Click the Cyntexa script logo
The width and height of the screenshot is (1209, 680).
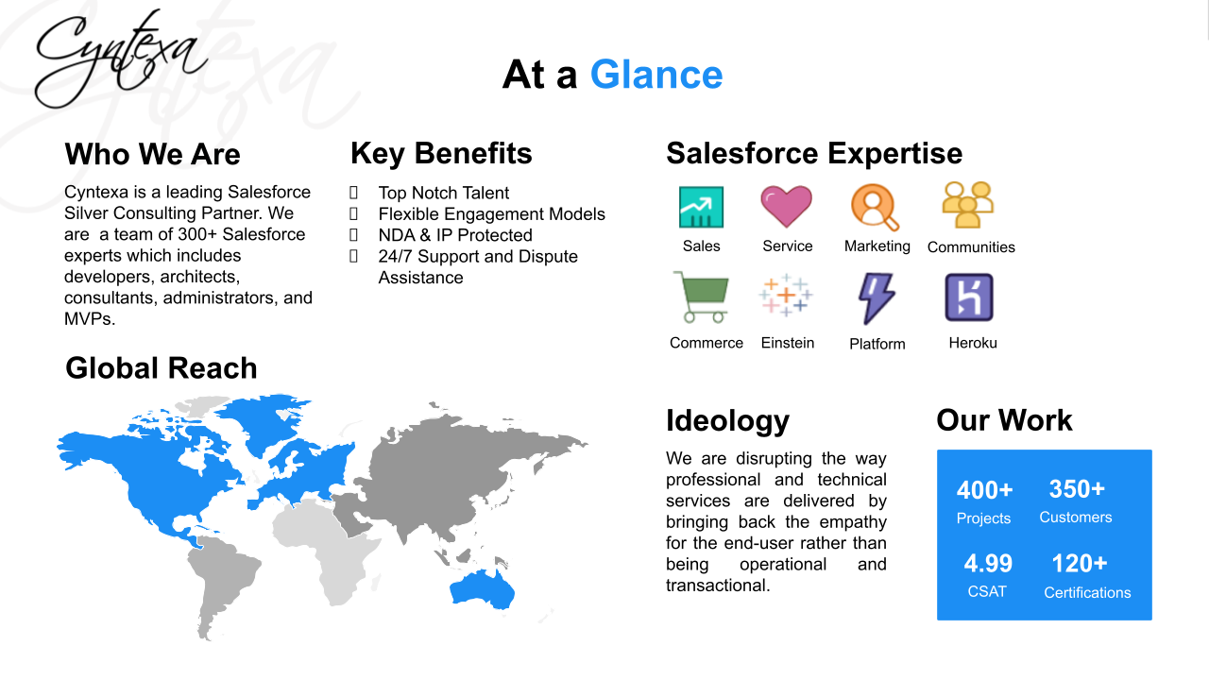pyautogui.click(x=121, y=59)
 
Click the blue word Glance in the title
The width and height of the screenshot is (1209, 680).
pyautogui.click(x=656, y=75)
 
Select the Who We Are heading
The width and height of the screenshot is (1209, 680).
pyautogui.click(x=152, y=154)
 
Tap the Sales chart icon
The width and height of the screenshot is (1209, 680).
pyautogui.click(x=701, y=207)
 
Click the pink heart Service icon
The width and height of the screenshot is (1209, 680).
pyautogui.click(x=787, y=206)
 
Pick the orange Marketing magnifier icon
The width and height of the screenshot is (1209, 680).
pyautogui.click(x=875, y=207)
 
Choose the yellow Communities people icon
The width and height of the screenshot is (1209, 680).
pyautogui.click(x=968, y=205)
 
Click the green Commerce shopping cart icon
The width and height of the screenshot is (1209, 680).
pyautogui.click(x=701, y=297)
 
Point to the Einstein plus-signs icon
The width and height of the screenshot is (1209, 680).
pyautogui.click(x=786, y=295)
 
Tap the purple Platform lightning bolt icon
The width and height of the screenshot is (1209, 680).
pyautogui.click(x=876, y=298)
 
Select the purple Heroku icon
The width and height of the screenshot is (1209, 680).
pyautogui.click(x=969, y=297)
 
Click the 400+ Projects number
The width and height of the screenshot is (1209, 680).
pyautogui.click(x=984, y=490)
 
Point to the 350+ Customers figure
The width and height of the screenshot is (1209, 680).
pyautogui.click(x=1077, y=489)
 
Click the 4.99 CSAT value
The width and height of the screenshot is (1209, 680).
pyautogui.click(x=988, y=564)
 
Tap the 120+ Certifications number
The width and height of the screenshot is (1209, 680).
pyautogui.click(x=1080, y=564)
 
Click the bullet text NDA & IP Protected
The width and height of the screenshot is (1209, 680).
pyautogui.click(x=455, y=235)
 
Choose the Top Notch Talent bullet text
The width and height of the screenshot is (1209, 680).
pyautogui.click(x=444, y=193)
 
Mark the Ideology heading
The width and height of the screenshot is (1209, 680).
pyautogui.click(x=727, y=421)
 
